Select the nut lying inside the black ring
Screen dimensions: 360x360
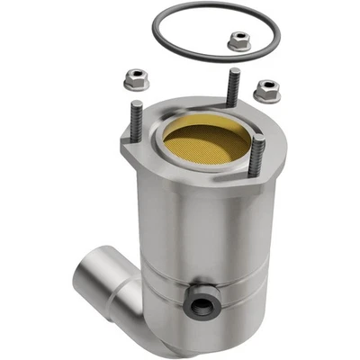click(238, 40)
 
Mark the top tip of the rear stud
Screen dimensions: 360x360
click(236, 71)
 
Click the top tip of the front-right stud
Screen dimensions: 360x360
click(259, 139)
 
